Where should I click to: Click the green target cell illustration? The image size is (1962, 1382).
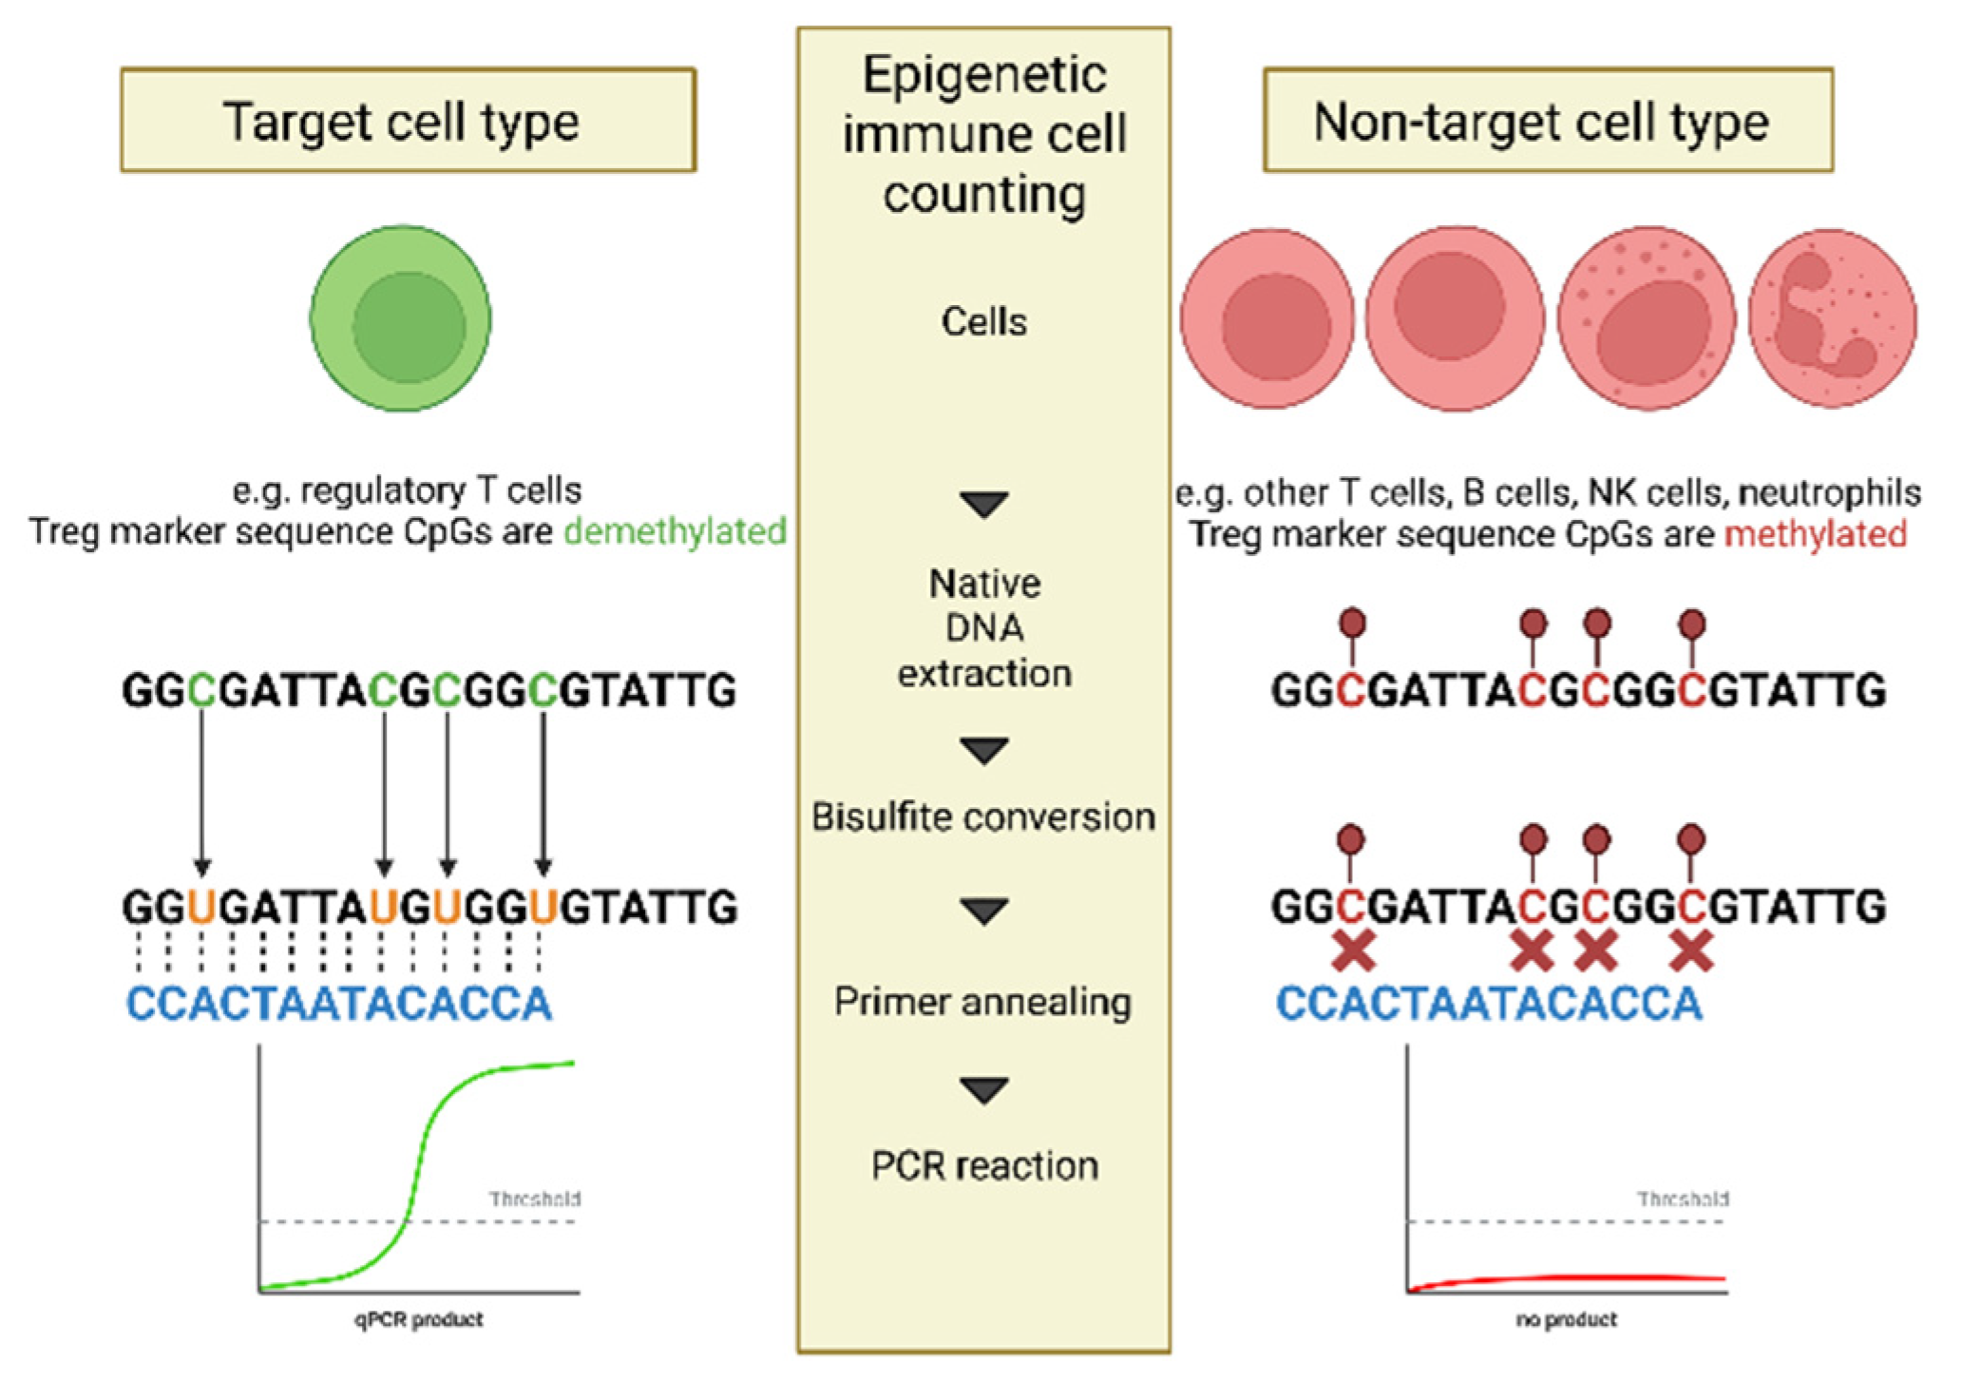(400, 319)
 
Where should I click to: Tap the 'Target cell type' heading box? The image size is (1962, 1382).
(408, 121)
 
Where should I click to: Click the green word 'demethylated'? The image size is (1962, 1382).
(675, 531)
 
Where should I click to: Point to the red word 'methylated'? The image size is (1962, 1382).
(1815, 534)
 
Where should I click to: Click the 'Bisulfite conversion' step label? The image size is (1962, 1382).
(983, 817)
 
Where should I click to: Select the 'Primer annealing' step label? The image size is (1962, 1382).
(983, 1002)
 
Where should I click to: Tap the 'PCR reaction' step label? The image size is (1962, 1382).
(984, 1166)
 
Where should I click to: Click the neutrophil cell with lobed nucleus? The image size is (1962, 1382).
(1832, 319)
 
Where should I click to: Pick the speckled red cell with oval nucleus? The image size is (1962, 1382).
(1647, 319)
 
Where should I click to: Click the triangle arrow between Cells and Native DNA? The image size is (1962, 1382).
(984, 504)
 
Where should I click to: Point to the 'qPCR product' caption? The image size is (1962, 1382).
(419, 1319)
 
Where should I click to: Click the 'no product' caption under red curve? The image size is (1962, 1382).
(1566, 1319)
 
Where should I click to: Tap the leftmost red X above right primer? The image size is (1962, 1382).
(1353, 951)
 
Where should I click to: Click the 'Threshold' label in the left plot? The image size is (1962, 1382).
(535, 1200)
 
